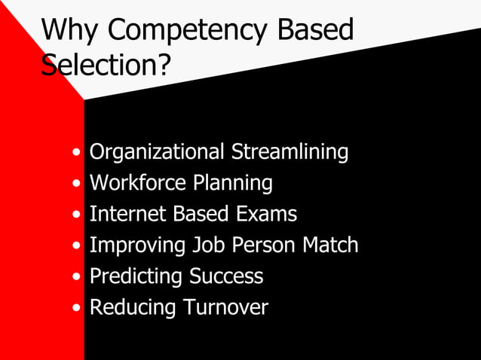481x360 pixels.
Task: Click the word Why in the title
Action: tap(70, 31)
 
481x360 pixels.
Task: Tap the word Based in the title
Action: tap(315, 31)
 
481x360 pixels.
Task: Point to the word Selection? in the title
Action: tap(106, 66)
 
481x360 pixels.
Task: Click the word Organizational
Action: tap(156, 153)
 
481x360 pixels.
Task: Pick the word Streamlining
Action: tap(290, 153)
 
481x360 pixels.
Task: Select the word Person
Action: tap(262, 246)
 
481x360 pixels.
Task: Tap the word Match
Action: tap(329, 246)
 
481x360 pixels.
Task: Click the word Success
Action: tap(226, 276)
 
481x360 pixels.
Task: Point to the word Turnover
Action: tap(223, 308)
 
